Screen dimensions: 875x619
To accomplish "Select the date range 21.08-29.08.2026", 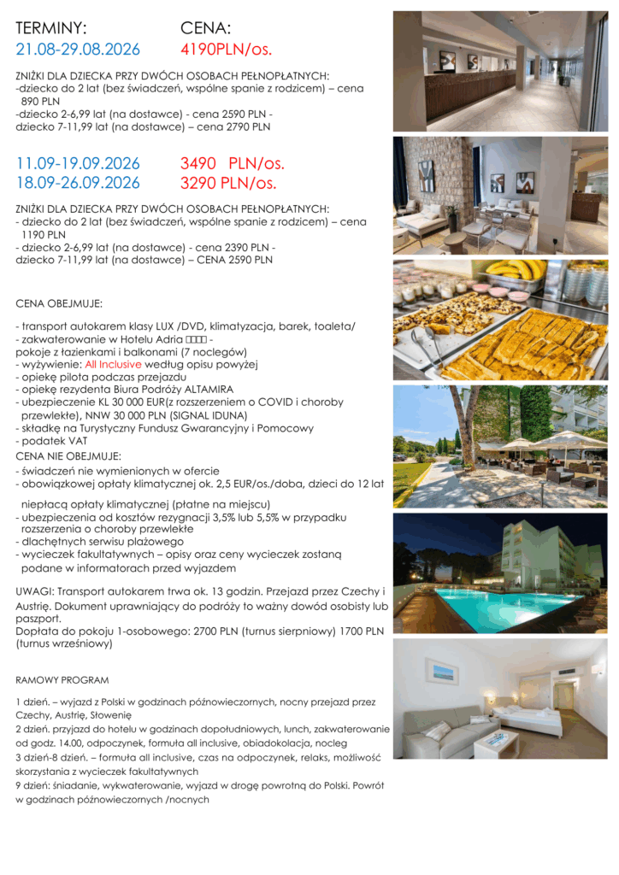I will coord(78,49).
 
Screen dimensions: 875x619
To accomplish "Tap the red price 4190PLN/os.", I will coord(226,49).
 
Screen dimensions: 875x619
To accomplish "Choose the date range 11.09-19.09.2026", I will coord(78,163).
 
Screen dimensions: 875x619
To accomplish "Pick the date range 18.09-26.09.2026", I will coord(78,182).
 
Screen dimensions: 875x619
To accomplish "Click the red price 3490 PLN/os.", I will coord(233,163).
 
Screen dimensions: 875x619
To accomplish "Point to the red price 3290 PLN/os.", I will coord(228,182).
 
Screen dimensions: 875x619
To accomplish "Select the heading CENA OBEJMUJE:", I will coord(59,303).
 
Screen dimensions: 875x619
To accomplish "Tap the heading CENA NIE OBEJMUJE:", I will coord(68,456).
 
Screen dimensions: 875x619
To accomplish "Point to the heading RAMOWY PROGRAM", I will coord(62,680).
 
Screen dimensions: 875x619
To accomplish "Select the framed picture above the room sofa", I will coord(441,672).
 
